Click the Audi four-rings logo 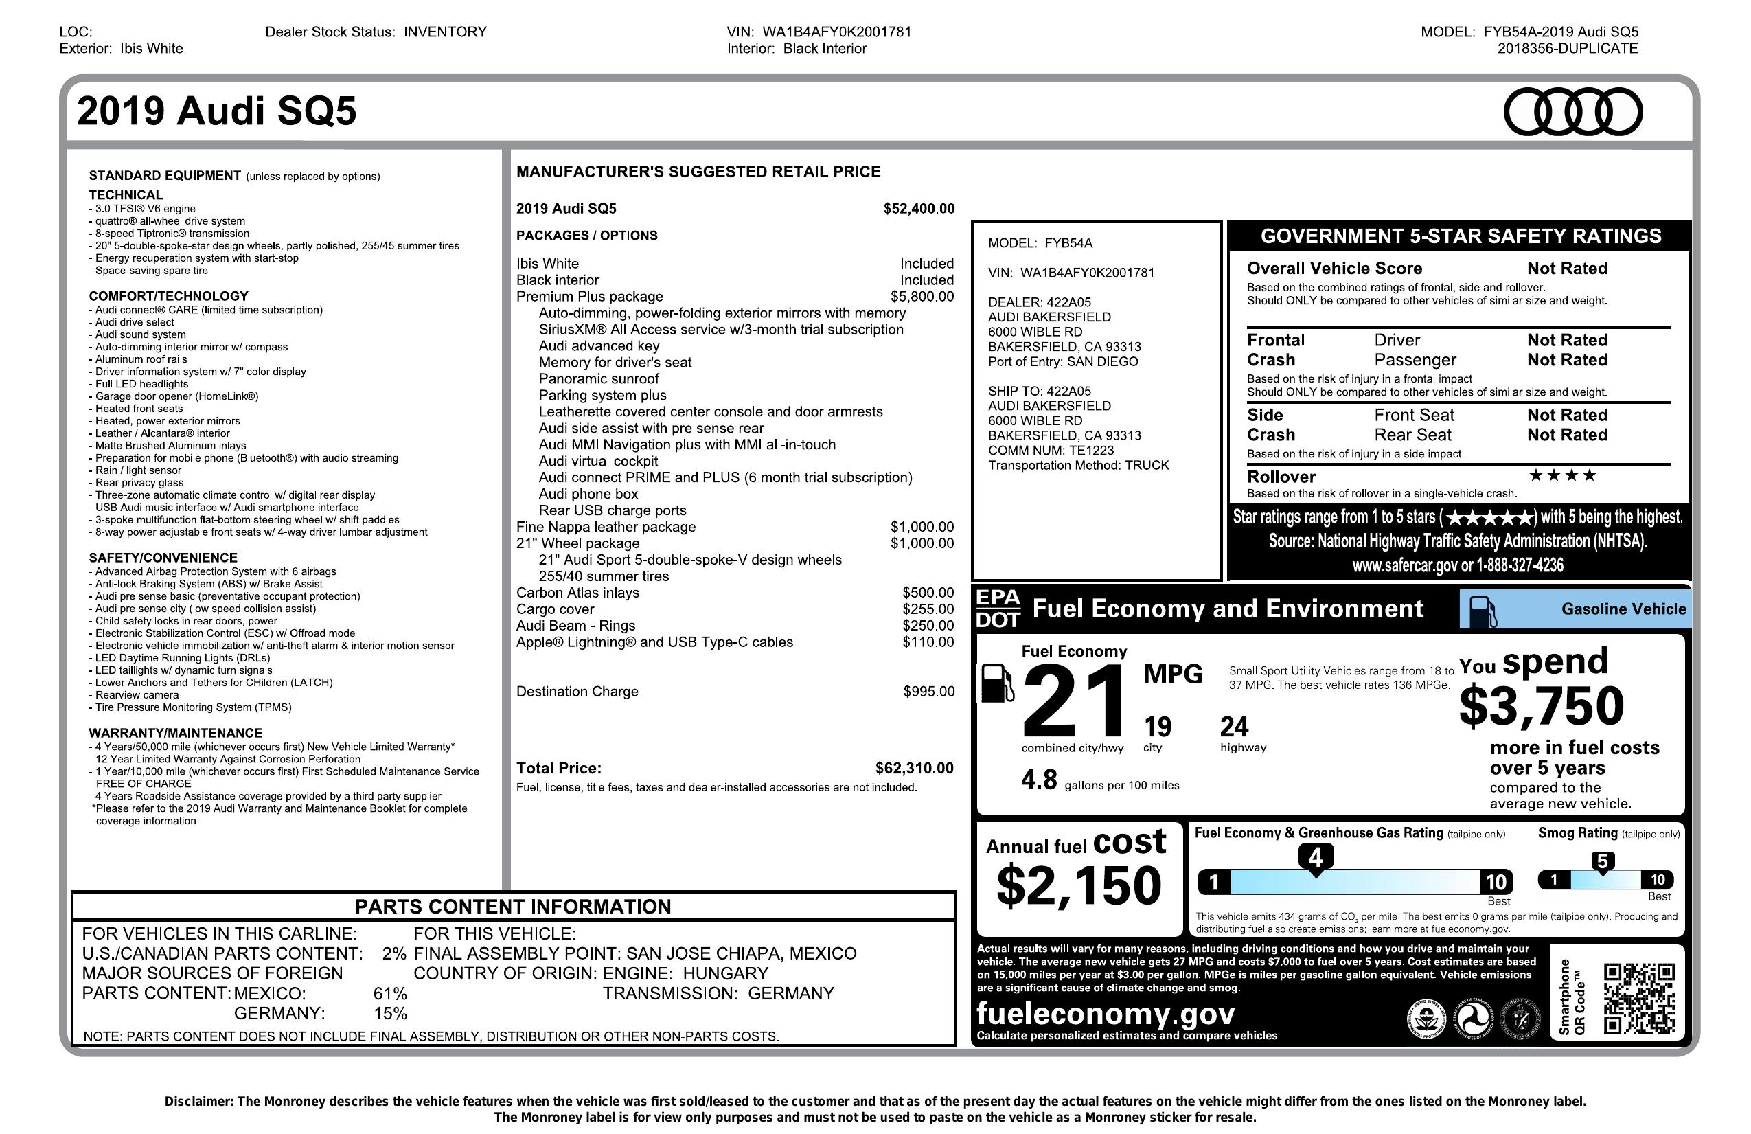(1572, 112)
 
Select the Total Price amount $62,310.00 (914, 769)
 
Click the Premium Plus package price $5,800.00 (922, 297)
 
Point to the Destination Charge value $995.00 (928, 691)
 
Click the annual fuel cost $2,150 (1079, 885)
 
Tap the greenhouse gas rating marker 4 (1316, 858)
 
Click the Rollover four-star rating (1563, 475)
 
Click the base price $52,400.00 (919, 208)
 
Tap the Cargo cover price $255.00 (928, 609)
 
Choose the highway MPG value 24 (1235, 727)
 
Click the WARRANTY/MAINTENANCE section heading (175, 733)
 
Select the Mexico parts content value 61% (390, 993)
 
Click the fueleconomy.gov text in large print (1105, 1013)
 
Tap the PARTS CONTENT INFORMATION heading (513, 907)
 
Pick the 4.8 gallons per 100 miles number (1039, 780)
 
